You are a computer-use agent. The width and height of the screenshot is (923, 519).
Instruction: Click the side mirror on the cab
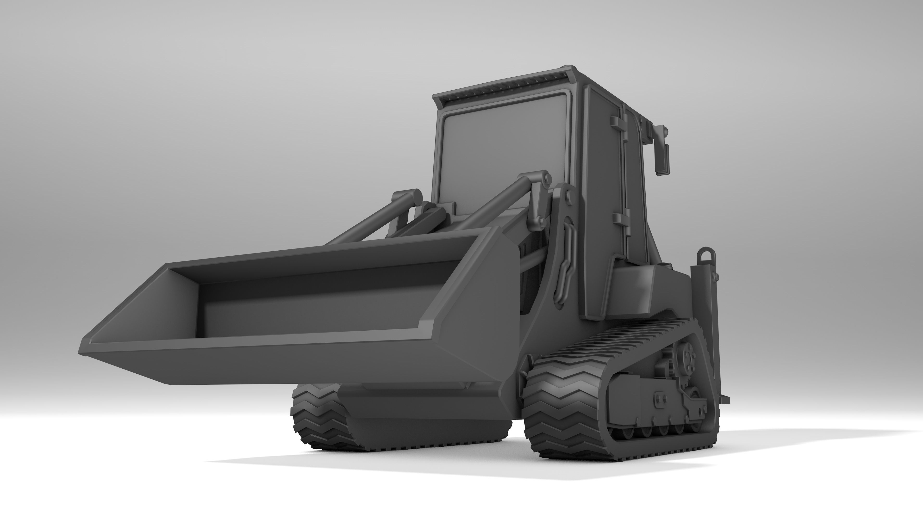click(x=662, y=158)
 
